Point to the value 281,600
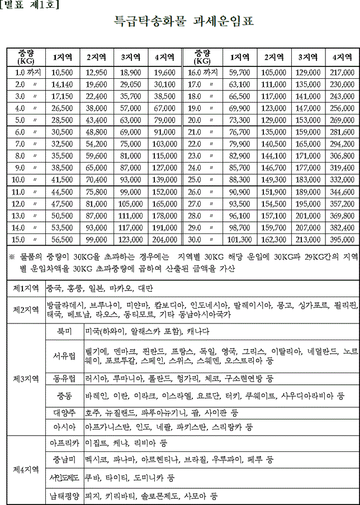342,132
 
